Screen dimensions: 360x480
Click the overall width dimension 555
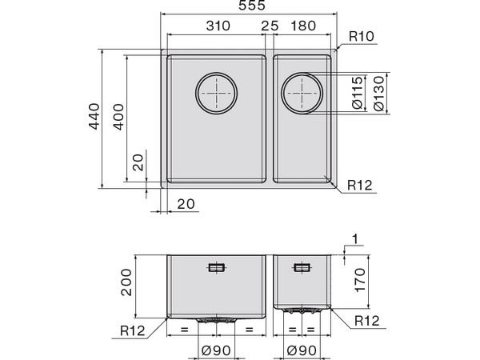(x=248, y=7)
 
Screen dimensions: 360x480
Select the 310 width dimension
(x=217, y=26)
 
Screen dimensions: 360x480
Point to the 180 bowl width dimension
(x=305, y=26)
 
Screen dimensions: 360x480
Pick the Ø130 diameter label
(x=380, y=94)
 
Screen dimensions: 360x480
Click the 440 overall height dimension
(x=94, y=118)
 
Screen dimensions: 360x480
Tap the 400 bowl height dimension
(x=118, y=118)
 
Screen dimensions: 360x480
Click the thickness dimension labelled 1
(x=354, y=239)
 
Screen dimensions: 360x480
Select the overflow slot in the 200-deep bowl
(x=216, y=268)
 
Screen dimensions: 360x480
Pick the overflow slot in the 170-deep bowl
(x=301, y=268)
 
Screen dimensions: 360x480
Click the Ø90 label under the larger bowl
(x=216, y=350)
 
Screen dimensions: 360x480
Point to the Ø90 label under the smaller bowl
(x=301, y=350)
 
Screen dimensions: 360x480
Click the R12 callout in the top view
(x=360, y=186)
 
